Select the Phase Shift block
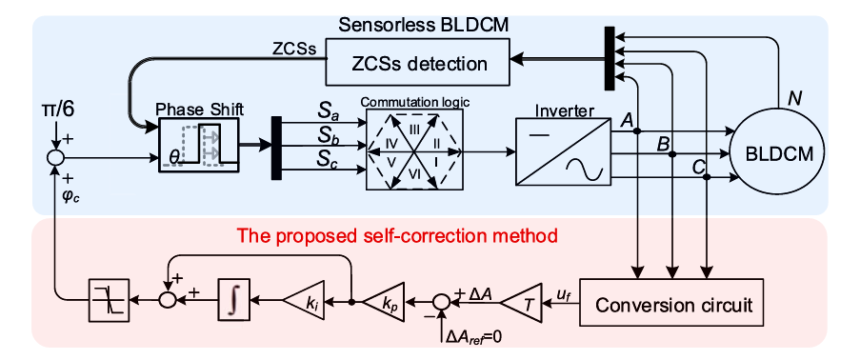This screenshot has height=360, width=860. [x=199, y=145]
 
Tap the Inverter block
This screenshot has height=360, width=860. [x=563, y=151]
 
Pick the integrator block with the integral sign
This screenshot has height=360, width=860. [x=234, y=300]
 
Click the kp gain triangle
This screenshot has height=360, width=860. [x=384, y=301]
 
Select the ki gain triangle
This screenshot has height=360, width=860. [x=303, y=301]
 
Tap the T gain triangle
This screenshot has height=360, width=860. [x=522, y=301]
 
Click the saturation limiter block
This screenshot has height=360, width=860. [x=109, y=300]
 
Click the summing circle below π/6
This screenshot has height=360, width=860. [x=54, y=158]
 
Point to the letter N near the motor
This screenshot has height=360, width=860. [x=792, y=99]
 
